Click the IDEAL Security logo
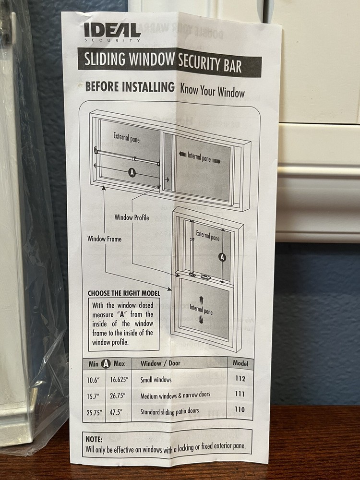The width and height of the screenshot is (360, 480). [x=112, y=32]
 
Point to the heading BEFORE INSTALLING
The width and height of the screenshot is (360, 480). [x=130, y=86]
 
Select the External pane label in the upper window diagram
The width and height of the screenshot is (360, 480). [x=126, y=137]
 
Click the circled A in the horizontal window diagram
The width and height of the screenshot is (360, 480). [x=132, y=173]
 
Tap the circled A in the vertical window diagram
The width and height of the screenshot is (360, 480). [x=223, y=257]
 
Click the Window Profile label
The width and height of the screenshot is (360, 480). [x=132, y=217]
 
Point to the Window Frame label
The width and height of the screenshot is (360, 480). [x=104, y=239]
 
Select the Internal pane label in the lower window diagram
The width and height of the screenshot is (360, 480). [x=201, y=309]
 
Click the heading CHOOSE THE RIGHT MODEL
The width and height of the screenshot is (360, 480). [x=124, y=293]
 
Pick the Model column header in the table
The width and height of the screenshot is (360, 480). [x=240, y=363]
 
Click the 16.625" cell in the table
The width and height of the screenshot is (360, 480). [x=119, y=380]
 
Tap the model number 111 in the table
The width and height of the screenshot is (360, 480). [x=240, y=394]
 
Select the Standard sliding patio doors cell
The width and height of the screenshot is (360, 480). [x=169, y=411]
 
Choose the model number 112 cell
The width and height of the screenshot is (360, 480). [x=240, y=379]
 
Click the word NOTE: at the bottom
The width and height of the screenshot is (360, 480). [x=94, y=439]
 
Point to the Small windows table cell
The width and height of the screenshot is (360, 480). [x=156, y=380]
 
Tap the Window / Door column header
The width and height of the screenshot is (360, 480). [x=160, y=363]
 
